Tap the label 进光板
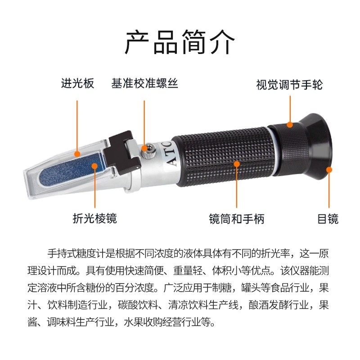click(78, 84)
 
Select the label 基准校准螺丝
click(144, 84)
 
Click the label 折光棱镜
click(94, 219)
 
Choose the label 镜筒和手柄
click(237, 219)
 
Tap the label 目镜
click(328, 219)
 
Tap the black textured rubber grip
click(225, 155)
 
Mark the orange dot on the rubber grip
click(237, 164)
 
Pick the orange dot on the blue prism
click(94, 166)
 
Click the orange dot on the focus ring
click(290, 125)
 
